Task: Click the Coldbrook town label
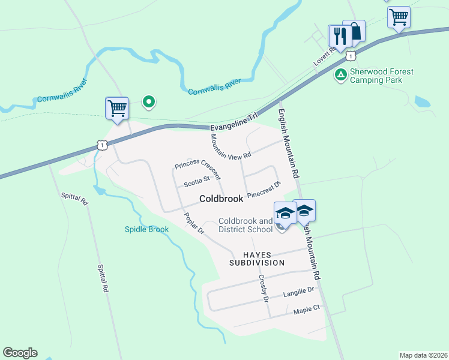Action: [x=221, y=199]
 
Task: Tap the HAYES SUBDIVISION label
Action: [x=256, y=259]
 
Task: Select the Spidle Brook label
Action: [x=146, y=229]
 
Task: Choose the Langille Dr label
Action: [x=299, y=292]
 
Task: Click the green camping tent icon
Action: [x=340, y=75]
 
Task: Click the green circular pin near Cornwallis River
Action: [x=148, y=102]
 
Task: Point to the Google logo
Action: [x=20, y=353]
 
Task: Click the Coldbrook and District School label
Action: [x=245, y=225]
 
